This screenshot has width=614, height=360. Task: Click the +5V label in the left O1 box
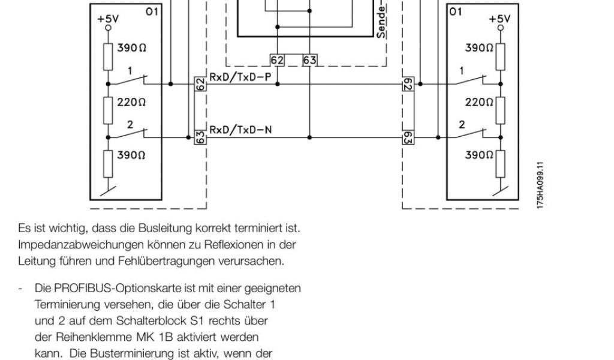tap(108, 19)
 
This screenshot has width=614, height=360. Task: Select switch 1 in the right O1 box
tap(475, 79)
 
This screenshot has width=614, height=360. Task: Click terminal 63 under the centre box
tap(309, 60)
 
